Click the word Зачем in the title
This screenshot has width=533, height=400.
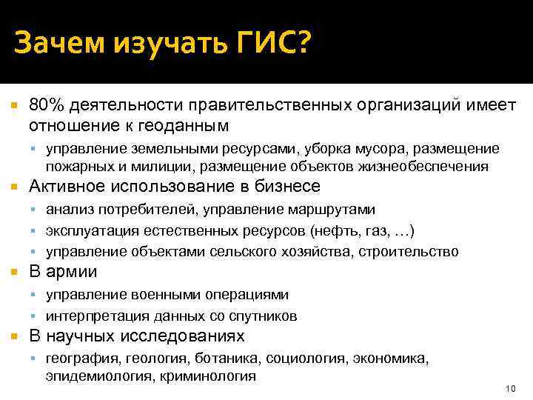tap(58, 46)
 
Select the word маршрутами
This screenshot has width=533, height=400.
tap(332, 210)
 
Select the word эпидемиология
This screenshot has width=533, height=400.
tap(95, 376)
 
